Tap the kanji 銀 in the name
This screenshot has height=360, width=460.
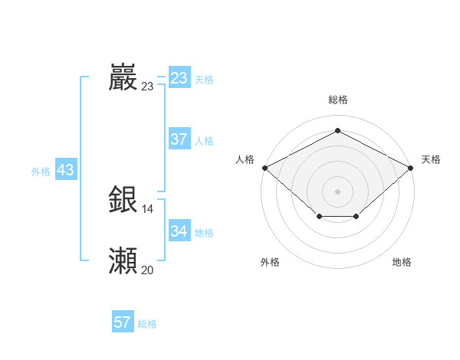123,199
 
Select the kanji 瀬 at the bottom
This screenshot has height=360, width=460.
123,260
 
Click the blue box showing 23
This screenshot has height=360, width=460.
179,78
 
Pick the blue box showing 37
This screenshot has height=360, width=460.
179,139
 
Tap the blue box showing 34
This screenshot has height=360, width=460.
179,231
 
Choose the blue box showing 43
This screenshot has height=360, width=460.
65,170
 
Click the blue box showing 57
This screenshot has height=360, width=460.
122,322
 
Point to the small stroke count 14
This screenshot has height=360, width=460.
148,209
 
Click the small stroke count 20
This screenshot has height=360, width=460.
148,270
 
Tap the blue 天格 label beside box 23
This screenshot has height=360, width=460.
204,80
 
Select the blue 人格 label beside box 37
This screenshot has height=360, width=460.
204,141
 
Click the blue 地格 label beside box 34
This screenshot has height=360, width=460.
204,232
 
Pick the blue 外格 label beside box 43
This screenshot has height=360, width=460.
41,172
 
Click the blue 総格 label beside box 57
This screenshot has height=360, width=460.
147,324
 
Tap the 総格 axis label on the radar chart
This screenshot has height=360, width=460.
338,100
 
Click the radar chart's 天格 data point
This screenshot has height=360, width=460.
412,167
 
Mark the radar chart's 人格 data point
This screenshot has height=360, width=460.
264,167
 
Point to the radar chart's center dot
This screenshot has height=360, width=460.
338,191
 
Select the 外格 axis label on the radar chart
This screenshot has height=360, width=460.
270,262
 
